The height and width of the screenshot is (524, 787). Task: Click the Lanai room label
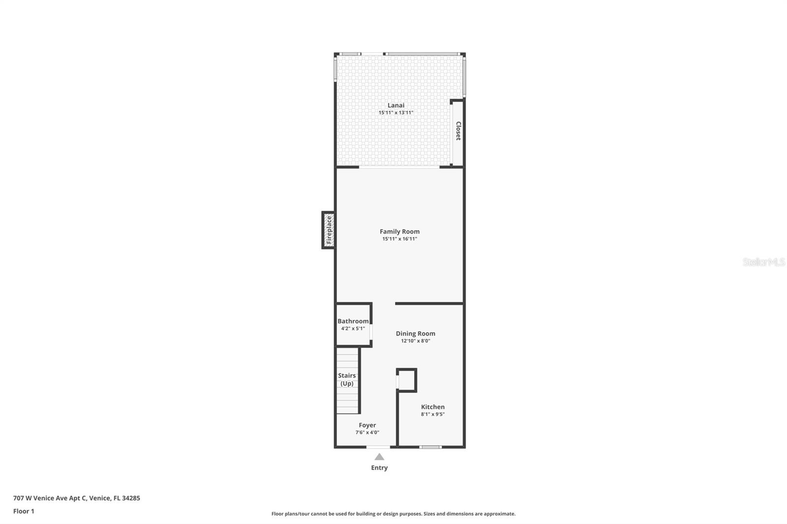click(x=396, y=105)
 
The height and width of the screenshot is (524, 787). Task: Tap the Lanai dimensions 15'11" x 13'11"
click(x=396, y=113)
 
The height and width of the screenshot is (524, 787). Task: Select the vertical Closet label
click(x=458, y=131)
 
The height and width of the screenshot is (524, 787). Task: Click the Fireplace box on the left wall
click(x=329, y=230)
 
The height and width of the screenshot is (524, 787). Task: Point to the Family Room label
click(x=399, y=232)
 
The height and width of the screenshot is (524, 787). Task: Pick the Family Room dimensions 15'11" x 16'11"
click(x=399, y=239)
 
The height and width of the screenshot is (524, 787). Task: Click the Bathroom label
click(x=353, y=321)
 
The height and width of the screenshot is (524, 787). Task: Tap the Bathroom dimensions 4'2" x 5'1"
click(x=353, y=328)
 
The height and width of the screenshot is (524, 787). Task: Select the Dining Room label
click(x=415, y=333)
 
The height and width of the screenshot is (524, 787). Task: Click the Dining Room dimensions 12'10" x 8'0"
click(x=415, y=341)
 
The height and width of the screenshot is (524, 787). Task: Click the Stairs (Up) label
click(x=347, y=379)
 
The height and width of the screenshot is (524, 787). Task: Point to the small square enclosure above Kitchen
click(x=407, y=380)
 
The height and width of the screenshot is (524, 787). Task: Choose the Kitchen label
click(x=432, y=407)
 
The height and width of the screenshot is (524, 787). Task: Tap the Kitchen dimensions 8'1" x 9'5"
click(x=432, y=414)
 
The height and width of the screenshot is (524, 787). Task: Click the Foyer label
click(x=367, y=425)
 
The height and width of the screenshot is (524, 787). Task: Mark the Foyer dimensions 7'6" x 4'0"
click(x=367, y=433)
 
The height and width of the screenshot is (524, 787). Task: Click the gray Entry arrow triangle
click(x=379, y=457)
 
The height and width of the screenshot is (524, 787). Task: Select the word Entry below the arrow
click(x=379, y=468)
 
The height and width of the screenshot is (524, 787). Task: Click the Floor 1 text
click(x=24, y=511)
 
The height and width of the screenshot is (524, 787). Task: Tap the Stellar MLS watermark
click(x=763, y=262)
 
